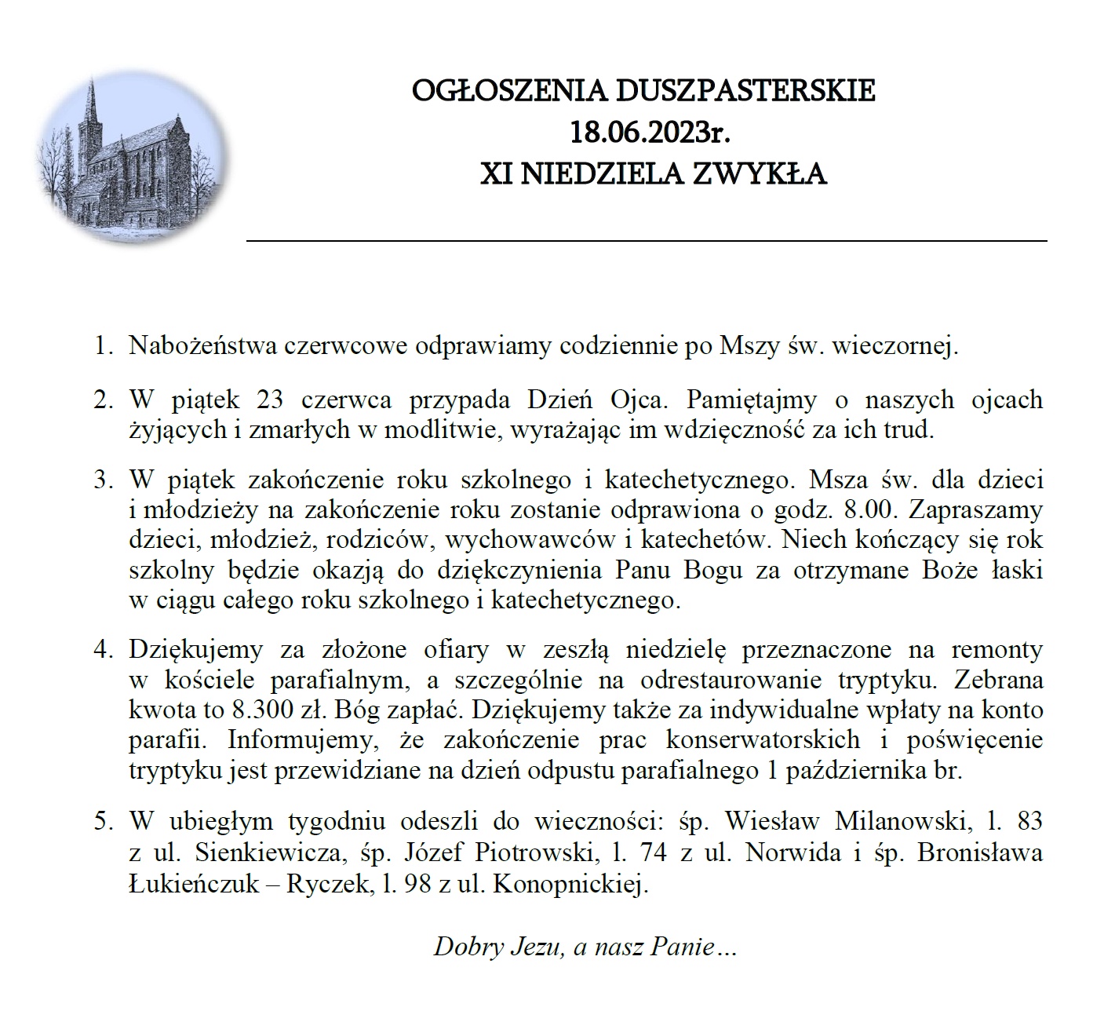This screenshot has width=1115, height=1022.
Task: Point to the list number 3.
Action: click(103, 480)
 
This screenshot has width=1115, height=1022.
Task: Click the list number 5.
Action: click(103, 822)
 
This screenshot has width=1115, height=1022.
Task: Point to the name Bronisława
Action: click(980, 852)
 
